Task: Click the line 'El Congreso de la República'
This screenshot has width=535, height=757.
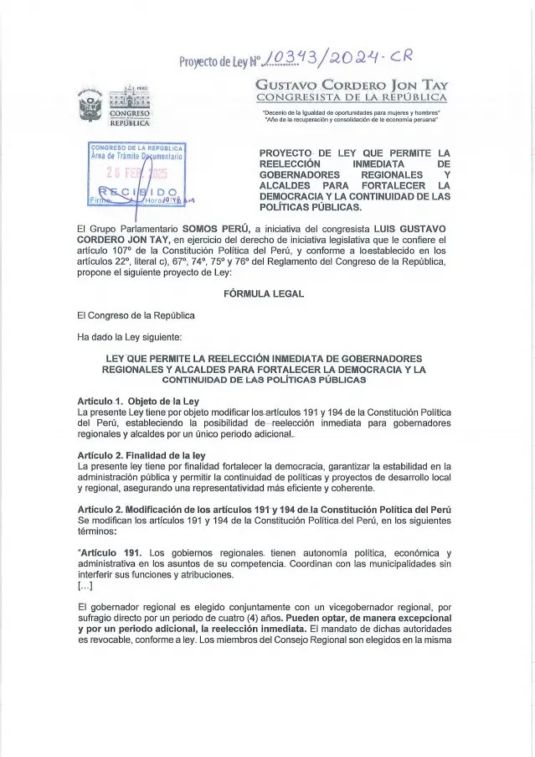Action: point(135,315)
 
